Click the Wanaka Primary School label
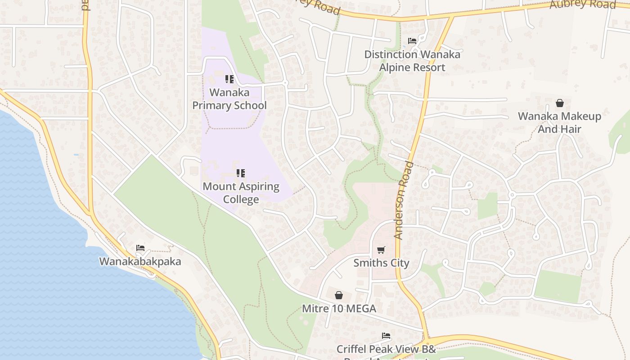click(229, 99)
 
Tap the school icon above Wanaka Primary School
click(229, 80)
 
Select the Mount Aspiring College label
click(241, 193)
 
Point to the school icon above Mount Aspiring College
click(241, 173)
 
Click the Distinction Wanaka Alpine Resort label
click(412, 61)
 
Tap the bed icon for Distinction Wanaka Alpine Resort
click(412, 41)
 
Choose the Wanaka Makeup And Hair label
click(559, 122)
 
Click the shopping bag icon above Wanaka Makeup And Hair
click(559, 103)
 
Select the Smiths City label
click(381, 263)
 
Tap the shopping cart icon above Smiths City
click(381, 249)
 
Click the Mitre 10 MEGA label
click(339, 309)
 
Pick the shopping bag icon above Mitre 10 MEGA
click(339, 295)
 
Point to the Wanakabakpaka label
click(140, 261)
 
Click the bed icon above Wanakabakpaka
click(140, 248)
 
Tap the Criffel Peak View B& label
click(386, 349)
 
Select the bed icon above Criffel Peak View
click(386, 336)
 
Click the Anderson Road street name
click(403, 200)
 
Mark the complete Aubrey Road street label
click(583, 4)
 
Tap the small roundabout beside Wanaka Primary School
click(284, 83)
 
